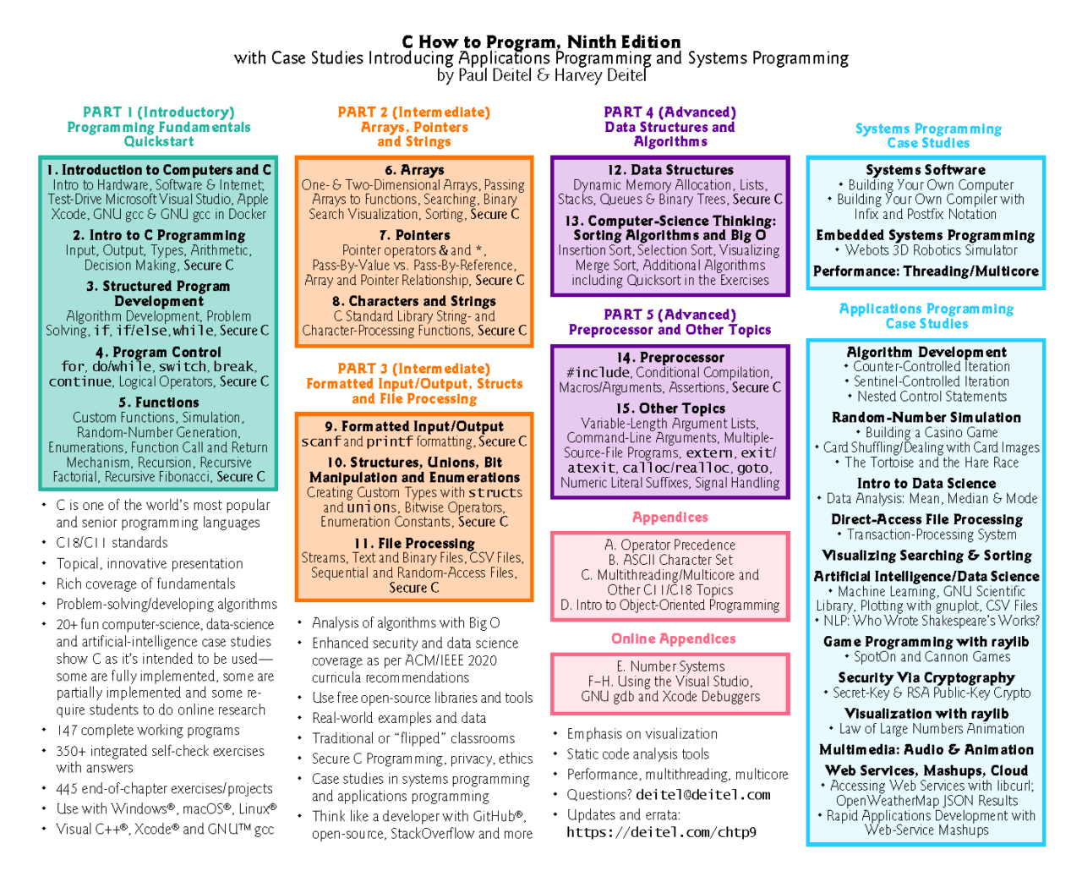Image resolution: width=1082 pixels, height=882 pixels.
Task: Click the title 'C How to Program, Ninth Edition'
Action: tap(541, 42)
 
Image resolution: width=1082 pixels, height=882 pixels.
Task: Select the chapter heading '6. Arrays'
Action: tap(414, 170)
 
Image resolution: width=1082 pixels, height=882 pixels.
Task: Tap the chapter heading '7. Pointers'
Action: tap(414, 235)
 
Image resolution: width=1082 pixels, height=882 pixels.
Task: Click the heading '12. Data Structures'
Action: tap(670, 170)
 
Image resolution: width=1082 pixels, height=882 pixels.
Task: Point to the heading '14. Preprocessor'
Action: tap(670, 357)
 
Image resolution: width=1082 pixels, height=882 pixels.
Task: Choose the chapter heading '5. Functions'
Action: tap(158, 403)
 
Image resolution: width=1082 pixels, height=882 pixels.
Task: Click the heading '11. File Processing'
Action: tap(414, 544)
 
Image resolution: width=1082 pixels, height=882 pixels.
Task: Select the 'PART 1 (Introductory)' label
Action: tap(158, 112)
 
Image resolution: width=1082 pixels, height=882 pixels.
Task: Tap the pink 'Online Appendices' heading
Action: tap(673, 638)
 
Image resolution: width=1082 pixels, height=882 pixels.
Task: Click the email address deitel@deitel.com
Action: tap(703, 795)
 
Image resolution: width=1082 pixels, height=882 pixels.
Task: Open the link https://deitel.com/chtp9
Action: tap(661, 832)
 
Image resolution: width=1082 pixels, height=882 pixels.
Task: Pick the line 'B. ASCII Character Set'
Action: tap(670, 560)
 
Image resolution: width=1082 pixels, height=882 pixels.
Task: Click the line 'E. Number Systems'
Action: tap(670, 666)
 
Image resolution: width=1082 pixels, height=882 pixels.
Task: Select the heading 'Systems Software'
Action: tap(926, 170)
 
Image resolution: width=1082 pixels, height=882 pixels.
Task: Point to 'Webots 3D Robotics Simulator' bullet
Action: tap(926, 250)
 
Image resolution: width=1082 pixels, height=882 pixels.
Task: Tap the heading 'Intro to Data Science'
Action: tap(926, 483)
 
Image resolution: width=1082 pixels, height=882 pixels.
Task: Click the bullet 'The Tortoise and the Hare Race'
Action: tap(927, 463)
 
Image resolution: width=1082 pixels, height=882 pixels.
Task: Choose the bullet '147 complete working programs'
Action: tap(147, 730)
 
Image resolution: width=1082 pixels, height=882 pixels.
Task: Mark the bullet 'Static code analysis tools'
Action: tap(637, 754)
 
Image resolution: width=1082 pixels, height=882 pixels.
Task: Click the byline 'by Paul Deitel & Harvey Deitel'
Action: tap(542, 75)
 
